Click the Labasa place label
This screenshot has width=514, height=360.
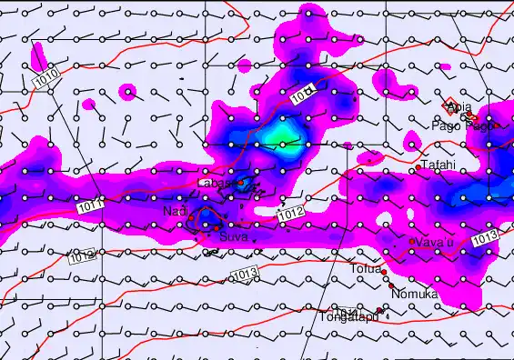tap(214, 183)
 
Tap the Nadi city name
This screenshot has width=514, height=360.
tap(174, 212)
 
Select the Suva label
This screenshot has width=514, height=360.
tap(232, 237)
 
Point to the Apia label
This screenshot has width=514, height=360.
tap(459, 106)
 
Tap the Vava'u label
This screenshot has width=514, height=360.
tap(432, 241)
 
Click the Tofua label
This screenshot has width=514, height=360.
tap(366, 268)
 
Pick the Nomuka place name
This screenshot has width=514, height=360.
tap(414, 295)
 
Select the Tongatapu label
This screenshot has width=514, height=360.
tap(347, 317)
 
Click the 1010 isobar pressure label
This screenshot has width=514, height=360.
tap(47, 78)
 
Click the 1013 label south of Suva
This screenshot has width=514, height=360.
tap(244, 275)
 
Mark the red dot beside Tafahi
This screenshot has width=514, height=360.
tap(418, 168)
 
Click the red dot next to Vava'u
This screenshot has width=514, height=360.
tap(412, 241)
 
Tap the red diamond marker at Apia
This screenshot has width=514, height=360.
tap(448, 104)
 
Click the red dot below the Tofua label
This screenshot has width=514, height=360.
tap(384, 273)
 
